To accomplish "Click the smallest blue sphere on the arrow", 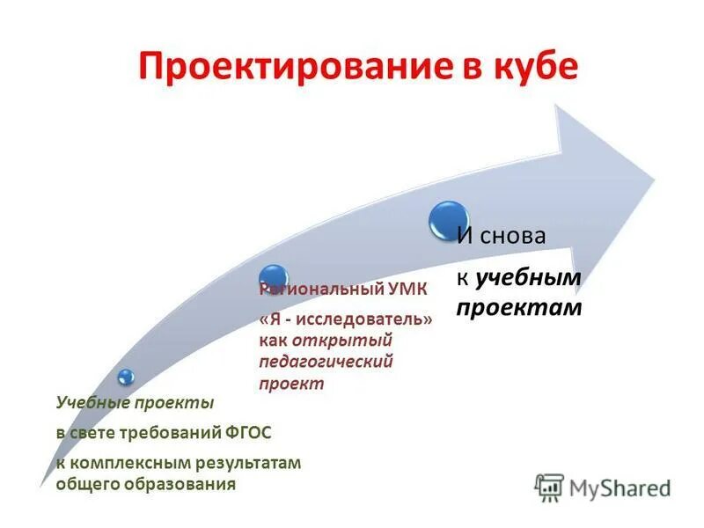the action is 127,377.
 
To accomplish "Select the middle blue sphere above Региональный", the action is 274,276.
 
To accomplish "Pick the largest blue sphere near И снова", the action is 449,220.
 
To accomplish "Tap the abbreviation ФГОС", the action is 248,432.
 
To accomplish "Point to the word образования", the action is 183,483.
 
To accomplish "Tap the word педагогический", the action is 326,362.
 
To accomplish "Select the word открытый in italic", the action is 344,341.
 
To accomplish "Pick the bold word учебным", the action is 529,279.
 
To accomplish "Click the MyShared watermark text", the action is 621,485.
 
